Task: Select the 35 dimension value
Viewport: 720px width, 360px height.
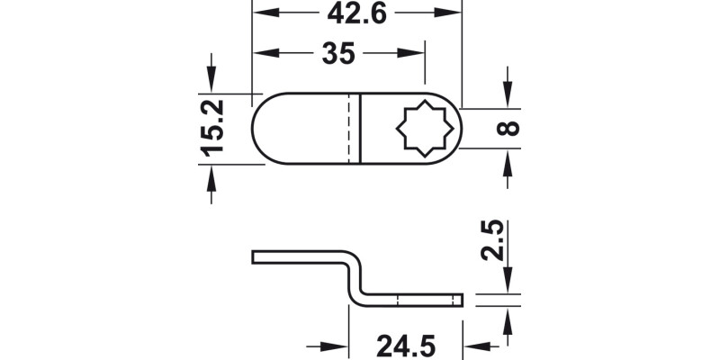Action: [337, 54]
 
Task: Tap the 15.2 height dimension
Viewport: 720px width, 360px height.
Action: [212, 128]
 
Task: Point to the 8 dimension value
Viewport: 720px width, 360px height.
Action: [508, 128]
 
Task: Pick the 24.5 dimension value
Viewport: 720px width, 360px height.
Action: [406, 346]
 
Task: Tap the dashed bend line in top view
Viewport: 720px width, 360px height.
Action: [347, 128]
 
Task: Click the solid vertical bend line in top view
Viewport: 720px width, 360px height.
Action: [361, 128]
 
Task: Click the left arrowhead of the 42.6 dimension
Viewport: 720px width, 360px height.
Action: [259, 13]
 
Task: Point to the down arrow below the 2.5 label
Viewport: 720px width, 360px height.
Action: [508, 284]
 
